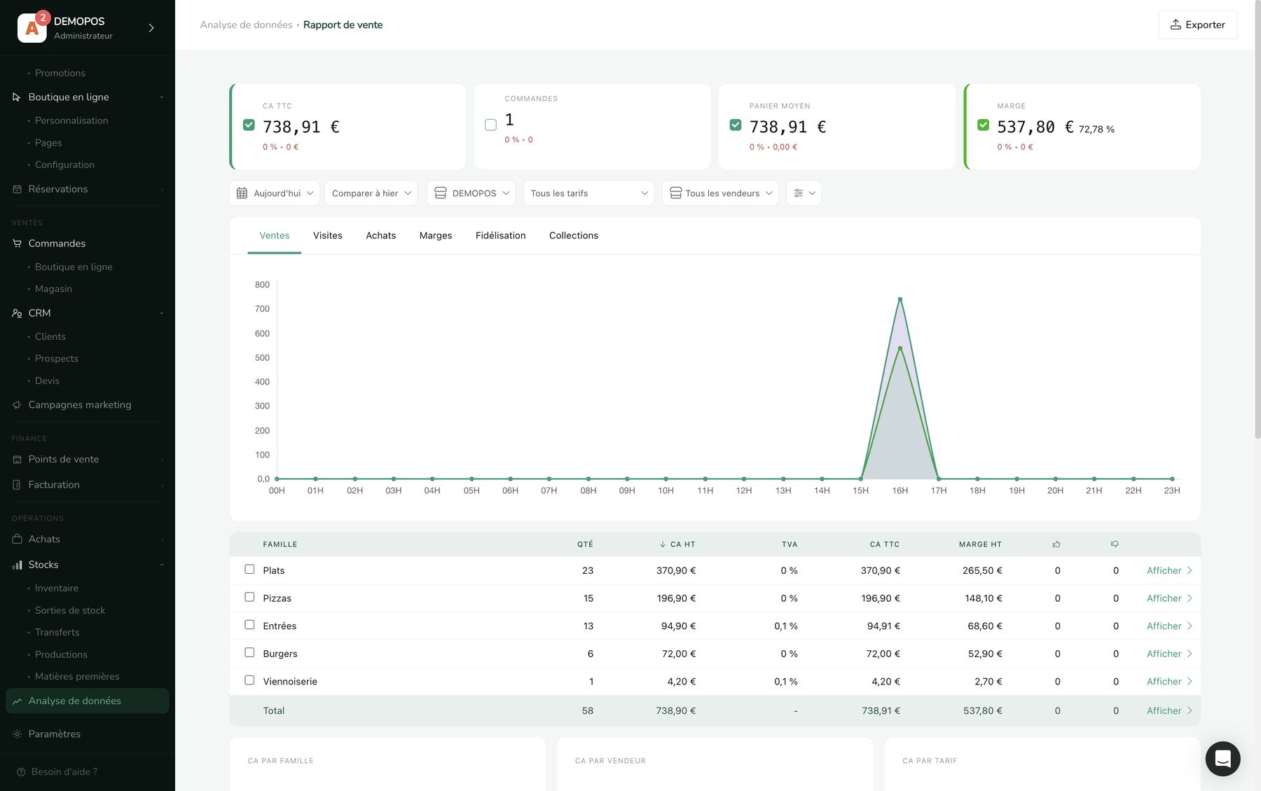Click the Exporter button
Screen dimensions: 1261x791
click(x=1197, y=25)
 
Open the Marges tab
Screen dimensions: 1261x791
click(x=436, y=235)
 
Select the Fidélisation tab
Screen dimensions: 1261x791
click(x=500, y=235)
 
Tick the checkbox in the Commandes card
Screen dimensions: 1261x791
click(x=490, y=125)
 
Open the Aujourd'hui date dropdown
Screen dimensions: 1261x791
click(x=275, y=193)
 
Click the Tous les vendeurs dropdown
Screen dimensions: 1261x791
click(x=720, y=193)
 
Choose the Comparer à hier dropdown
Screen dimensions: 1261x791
click(x=371, y=193)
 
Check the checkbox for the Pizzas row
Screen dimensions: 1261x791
click(x=249, y=597)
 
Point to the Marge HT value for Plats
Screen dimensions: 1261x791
click(x=982, y=570)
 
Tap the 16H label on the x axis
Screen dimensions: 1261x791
click(x=900, y=490)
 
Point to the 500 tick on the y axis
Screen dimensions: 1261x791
click(x=262, y=357)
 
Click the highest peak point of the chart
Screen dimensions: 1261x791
click(x=900, y=300)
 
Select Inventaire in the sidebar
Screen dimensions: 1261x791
click(x=57, y=589)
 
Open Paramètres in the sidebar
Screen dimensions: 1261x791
click(x=55, y=734)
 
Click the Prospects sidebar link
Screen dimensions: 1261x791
click(x=57, y=359)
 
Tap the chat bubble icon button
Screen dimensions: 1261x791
click(x=1222, y=759)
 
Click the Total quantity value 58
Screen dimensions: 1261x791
click(x=587, y=710)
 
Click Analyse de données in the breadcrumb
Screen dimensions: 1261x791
click(x=246, y=25)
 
